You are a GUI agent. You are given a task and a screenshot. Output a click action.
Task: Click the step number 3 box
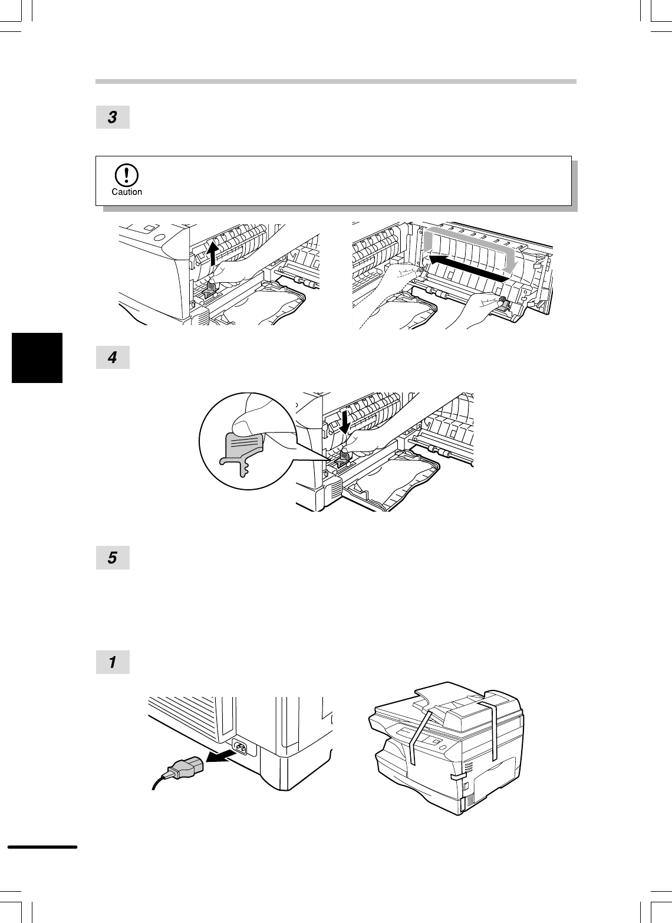click(113, 117)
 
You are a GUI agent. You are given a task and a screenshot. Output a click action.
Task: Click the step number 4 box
click(113, 357)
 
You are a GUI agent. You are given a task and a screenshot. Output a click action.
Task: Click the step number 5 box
click(113, 558)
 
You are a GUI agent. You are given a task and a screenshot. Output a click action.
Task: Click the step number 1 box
click(113, 662)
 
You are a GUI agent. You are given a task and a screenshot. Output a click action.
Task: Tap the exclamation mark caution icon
click(126, 175)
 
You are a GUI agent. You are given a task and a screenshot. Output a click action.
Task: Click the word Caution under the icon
click(127, 192)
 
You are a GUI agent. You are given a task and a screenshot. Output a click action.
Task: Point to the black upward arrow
click(212, 253)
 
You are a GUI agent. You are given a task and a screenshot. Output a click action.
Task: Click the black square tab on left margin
click(37, 358)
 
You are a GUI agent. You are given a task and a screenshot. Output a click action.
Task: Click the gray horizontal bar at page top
click(336, 81)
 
